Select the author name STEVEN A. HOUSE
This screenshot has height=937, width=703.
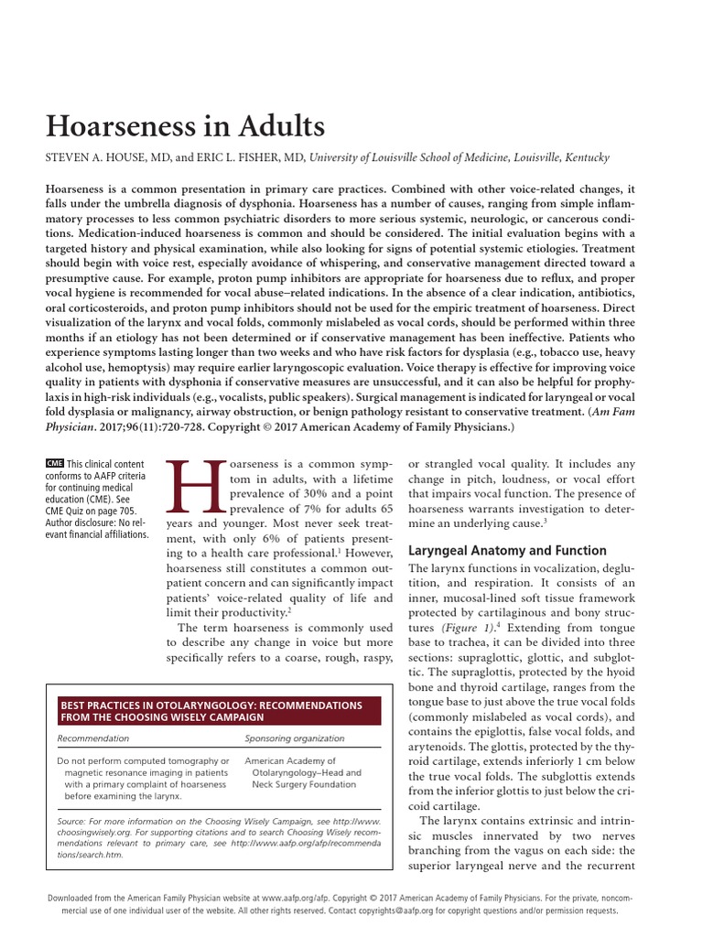pos(103,157)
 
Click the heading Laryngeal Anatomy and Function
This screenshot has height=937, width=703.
pos(506,550)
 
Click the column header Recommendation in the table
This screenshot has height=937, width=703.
pos(93,738)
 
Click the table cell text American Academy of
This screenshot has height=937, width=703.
pos(290,760)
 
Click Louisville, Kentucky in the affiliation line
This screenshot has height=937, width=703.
pos(557,157)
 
